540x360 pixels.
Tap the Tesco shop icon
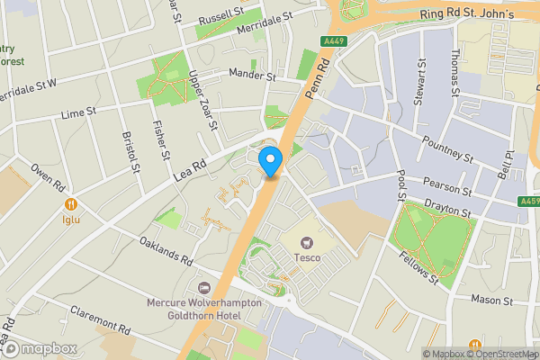click(307, 241)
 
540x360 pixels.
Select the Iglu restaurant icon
click(70, 204)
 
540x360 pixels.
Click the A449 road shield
click(332, 40)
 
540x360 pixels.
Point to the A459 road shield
click(530, 202)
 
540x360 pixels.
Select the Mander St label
click(252, 76)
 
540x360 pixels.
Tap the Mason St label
click(490, 298)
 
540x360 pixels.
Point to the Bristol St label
click(131, 153)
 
